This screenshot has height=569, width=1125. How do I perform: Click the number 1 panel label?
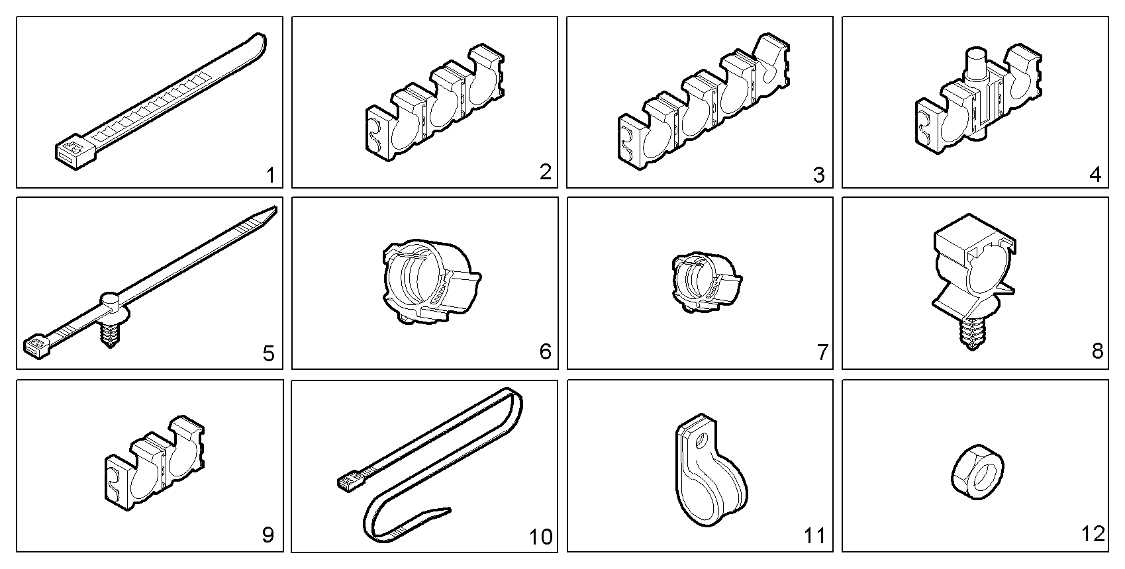pos(269,175)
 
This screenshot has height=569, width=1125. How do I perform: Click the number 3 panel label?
pos(819,175)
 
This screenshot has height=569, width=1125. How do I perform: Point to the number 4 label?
pos(1095,175)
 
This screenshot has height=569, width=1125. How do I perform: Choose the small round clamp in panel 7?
pos(705,282)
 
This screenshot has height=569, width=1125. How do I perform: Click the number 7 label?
pos(822,353)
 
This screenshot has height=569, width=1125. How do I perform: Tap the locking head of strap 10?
pos(348,482)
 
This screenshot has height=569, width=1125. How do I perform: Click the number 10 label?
pos(541,537)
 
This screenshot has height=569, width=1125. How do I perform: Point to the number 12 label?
pos(1093,533)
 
